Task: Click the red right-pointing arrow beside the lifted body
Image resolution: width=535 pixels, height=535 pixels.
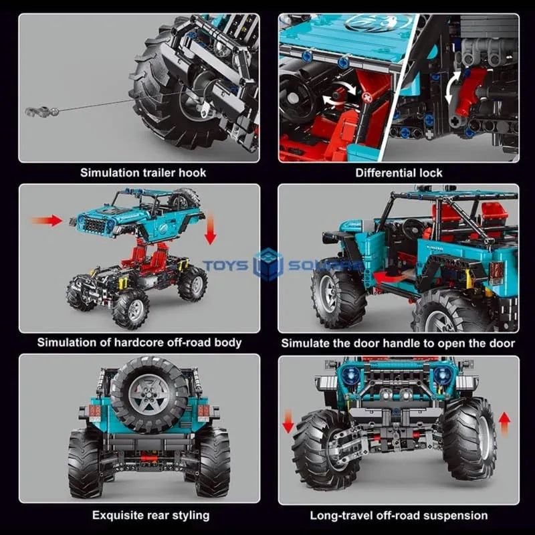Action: point(46,221)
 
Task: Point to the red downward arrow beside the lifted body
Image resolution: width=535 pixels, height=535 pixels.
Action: point(210,229)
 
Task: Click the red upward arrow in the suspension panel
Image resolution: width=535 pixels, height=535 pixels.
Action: point(504,423)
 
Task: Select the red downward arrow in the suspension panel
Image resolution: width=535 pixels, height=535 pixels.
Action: point(288,422)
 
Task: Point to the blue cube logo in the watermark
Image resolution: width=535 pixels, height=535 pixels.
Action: point(269,264)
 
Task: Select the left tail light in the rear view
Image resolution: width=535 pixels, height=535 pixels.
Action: point(93,411)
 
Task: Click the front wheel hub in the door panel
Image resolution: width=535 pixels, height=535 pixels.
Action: point(329,294)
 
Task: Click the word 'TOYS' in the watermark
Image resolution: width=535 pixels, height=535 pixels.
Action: point(226,265)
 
